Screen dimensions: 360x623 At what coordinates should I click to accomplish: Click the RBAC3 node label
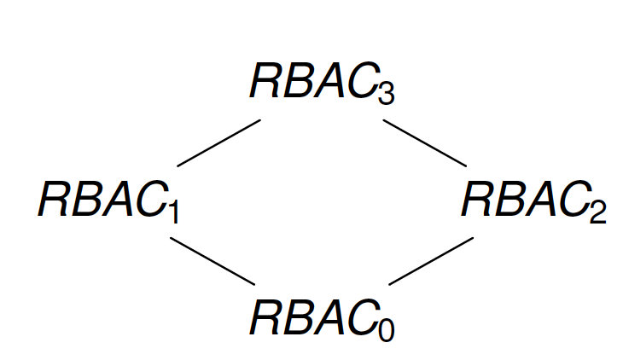[x=321, y=82]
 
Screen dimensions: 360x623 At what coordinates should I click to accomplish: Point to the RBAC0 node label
[x=321, y=317]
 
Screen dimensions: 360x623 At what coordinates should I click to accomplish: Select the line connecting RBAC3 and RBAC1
[x=218, y=142]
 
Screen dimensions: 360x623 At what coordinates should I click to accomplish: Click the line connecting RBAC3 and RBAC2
[x=425, y=142]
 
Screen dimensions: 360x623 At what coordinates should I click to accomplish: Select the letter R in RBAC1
[x=52, y=201]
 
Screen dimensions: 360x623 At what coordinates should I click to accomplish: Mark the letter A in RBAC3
[x=324, y=82]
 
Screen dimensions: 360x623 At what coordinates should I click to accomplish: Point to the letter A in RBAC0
[x=324, y=317]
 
